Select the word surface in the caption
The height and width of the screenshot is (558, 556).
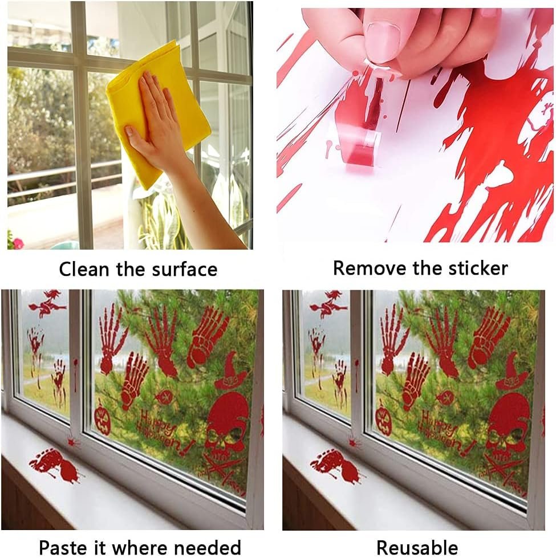point(184,268)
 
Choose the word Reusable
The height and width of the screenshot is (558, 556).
point(417,547)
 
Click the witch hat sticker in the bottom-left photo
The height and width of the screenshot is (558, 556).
point(230,371)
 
